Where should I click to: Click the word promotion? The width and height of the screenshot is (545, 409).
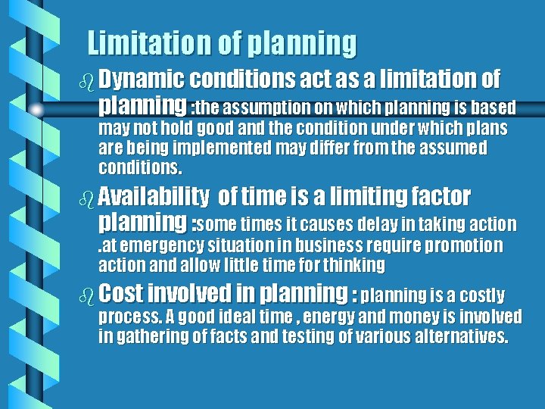pos(463,245)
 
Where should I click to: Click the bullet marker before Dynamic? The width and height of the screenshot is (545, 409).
pos(88,80)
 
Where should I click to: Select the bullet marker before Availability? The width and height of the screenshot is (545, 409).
pos(88,199)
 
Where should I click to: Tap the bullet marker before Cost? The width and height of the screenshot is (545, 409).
pos(88,295)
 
